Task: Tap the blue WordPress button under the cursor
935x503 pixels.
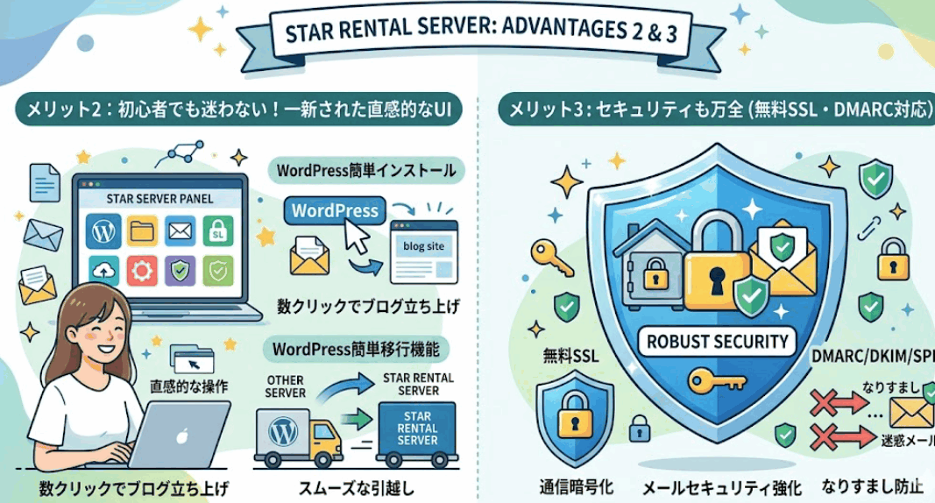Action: (x=335, y=210)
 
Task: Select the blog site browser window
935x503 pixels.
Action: (x=424, y=251)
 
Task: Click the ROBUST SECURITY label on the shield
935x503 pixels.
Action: (x=718, y=342)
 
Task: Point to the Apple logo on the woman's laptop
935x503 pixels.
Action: (x=182, y=436)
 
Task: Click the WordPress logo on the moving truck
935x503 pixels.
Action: (x=283, y=430)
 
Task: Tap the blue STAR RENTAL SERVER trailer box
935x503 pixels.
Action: (x=417, y=429)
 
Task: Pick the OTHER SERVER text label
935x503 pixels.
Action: (x=286, y=386)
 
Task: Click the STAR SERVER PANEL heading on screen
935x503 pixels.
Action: (x=159, y=199)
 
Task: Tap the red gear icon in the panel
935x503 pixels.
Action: (x=141, y=271)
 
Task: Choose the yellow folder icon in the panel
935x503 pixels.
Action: (x=142, y=230)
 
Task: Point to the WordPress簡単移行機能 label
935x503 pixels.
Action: (x=356, y=349)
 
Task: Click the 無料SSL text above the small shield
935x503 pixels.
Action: (x=570, y=357)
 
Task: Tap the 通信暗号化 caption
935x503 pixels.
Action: (x=577, y=487)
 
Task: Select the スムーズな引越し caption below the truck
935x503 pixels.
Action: (x=356, y=489)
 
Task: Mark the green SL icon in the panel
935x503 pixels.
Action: (x=217, y=231)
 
